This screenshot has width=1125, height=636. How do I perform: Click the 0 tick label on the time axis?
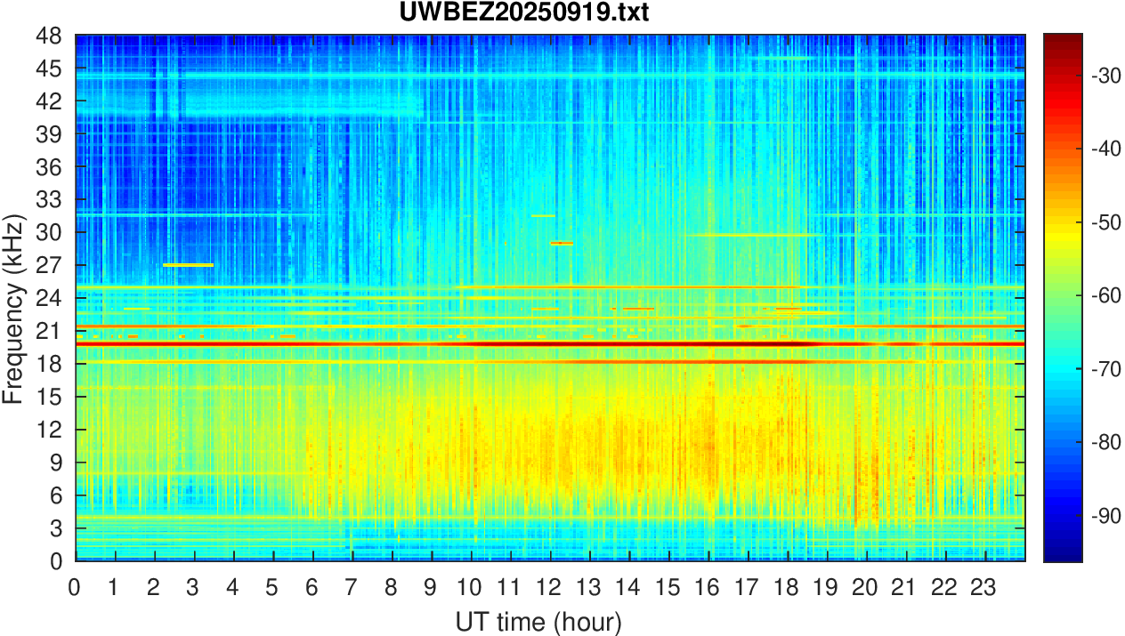coord(76,587)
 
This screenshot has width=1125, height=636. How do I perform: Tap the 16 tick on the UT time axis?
coord(708,587)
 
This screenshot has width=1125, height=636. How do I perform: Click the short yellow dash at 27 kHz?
coord(189,265)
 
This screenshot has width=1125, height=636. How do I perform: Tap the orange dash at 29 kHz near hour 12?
coord(562,243)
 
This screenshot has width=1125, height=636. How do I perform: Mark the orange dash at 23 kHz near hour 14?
coord(638,309)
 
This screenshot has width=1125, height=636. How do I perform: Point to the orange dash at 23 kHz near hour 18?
coord(788,309)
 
